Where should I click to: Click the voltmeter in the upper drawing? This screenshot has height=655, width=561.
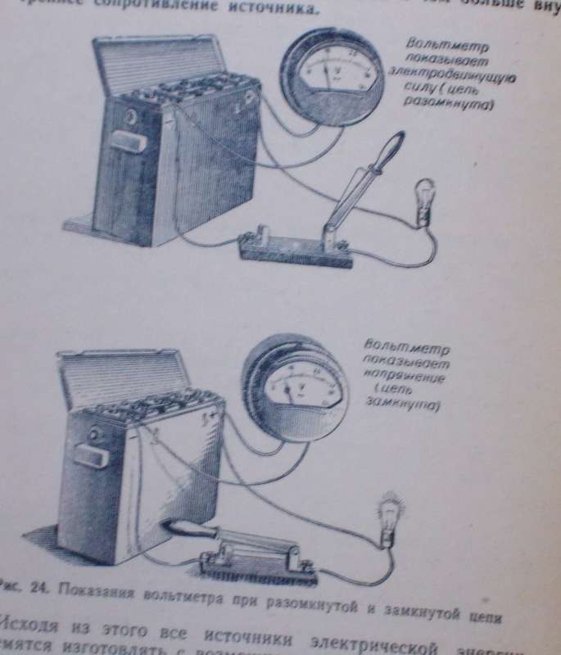pos(328,77)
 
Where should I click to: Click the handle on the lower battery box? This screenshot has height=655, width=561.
pos(93,454)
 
